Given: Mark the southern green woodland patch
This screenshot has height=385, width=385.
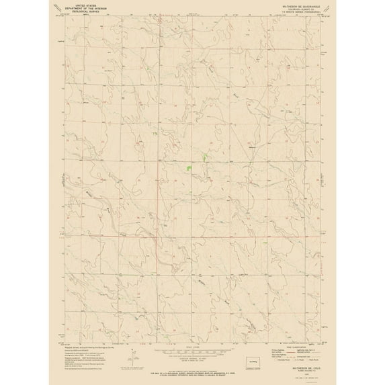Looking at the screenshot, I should (x=190, y=166).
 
